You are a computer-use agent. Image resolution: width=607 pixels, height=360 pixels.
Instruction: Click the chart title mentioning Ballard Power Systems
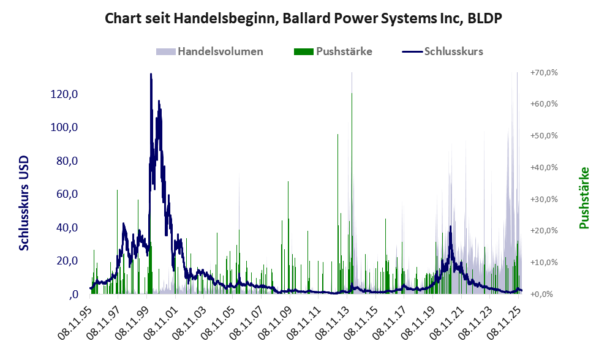303,18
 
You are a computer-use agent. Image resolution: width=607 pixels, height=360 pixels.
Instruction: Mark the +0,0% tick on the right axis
545,294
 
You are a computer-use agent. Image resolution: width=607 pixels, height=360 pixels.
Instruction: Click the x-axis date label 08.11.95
78,319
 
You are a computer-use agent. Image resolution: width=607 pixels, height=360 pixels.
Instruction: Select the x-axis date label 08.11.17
388,319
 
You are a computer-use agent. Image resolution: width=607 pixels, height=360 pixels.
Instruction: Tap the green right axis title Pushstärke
584,198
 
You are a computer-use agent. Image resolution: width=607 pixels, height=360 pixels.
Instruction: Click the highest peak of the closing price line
151,75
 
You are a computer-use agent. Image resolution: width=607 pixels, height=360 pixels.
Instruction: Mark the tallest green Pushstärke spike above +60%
352,94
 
